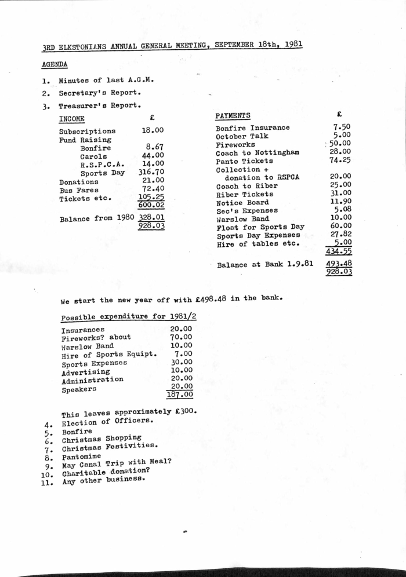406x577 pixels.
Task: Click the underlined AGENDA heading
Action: (55, 64)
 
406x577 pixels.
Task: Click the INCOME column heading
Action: (72, 119)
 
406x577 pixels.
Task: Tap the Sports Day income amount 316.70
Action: (151, 172)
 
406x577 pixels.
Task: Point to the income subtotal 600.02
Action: (151, 204)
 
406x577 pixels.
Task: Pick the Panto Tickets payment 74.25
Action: (340, 160)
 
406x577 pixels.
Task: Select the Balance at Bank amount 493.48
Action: (339, 264)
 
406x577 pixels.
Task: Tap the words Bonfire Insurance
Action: (253, 128)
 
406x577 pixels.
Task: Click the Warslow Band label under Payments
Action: (242, 220)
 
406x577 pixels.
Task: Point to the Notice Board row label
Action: (242, 203)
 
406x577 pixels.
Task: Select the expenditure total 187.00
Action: (180, 395)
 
